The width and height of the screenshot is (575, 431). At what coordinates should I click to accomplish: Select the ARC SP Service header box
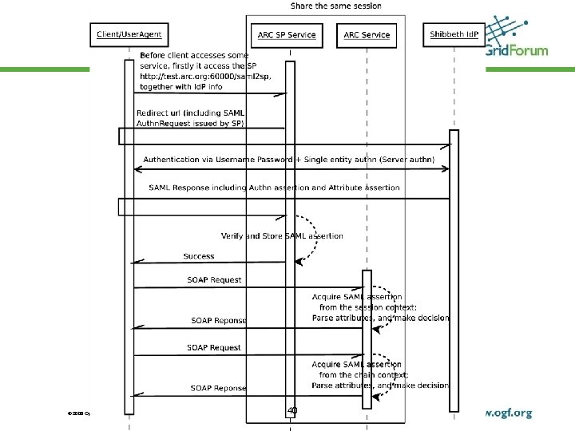tap(287, 34)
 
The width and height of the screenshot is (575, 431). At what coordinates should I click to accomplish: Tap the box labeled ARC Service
tap(367, 34)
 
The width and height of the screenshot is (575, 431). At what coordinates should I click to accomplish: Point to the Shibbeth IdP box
tap(454, 34)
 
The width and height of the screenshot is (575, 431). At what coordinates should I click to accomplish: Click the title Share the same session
tap(335, 6)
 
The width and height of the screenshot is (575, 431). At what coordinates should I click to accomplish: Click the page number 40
tap(292, 410)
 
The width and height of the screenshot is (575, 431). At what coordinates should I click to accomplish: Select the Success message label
tap(198, 256)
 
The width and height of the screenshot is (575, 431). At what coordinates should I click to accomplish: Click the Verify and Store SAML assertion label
tap(282, 235)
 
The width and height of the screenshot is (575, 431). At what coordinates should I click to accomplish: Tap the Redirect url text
tap(164, 113)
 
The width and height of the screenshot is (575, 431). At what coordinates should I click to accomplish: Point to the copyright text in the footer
tap(79, 413)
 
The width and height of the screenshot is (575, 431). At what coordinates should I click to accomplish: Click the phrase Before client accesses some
tap(194, 55)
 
